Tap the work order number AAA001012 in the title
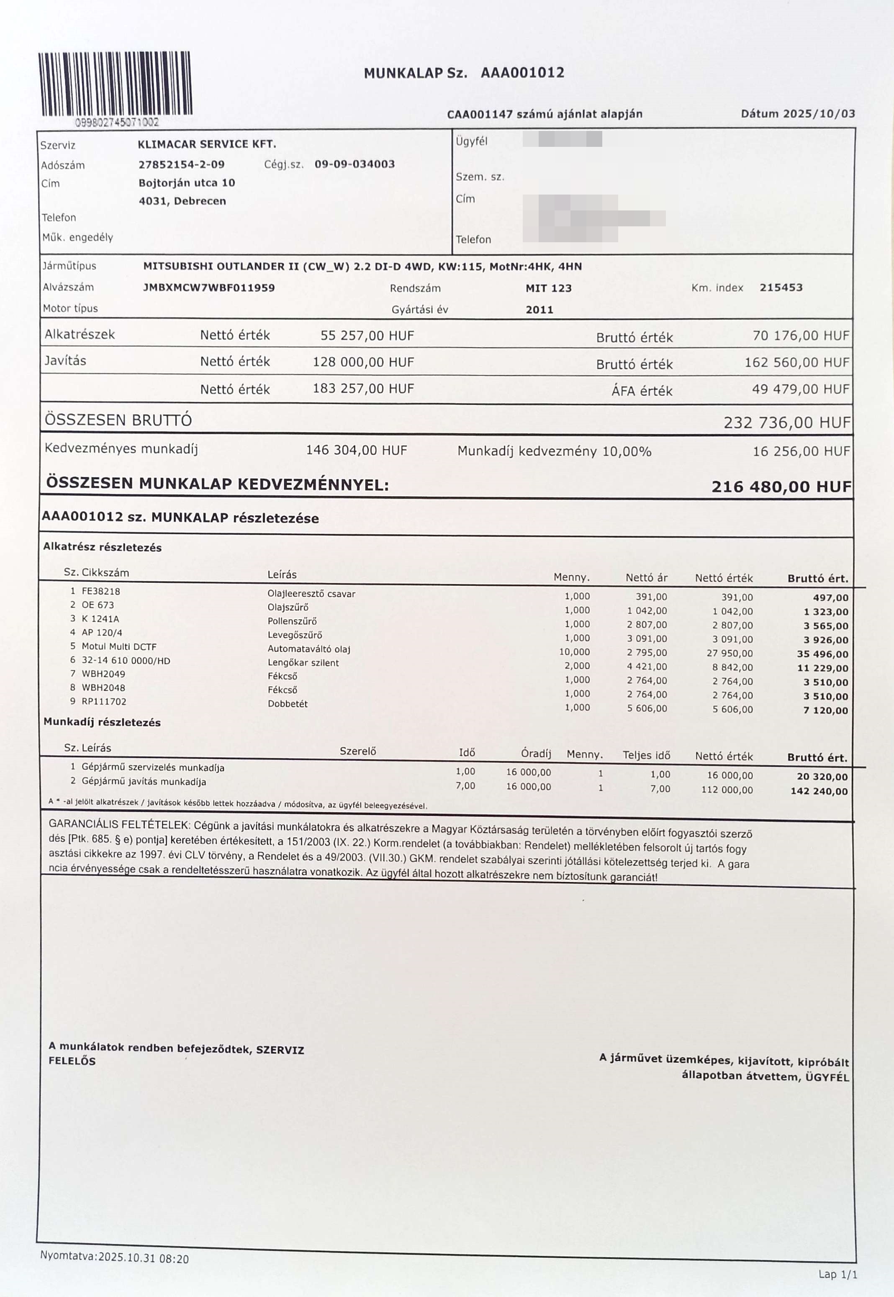(x=522, y=73)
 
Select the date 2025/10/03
(x=819, y=114)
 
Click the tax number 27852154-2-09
(x=182, y=164)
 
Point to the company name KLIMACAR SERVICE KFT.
(x=207, y=144)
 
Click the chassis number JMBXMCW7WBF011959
(x=209, y=288)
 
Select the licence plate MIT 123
(x=548, y=288)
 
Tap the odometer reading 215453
(x=781, y=288)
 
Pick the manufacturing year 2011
(x=539, y=310)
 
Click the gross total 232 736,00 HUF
(x=786, y=422)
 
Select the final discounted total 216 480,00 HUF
(x=781, y=487)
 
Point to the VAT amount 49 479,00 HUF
(x=800, y=389)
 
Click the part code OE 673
(x=98, y=605)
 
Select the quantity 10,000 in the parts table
(x=574, y=651)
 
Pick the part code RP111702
(x=104, y=701)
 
